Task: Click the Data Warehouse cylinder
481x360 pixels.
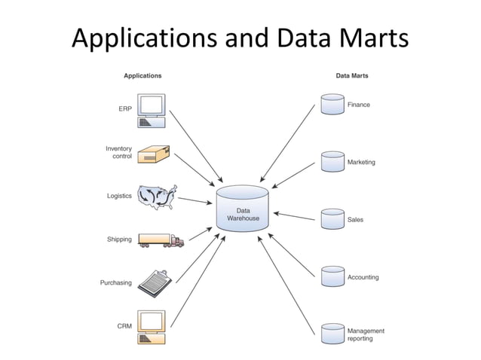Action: [243, 209]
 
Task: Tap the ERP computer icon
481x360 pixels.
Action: [151, 110]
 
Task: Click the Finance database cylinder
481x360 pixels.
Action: [332, 104]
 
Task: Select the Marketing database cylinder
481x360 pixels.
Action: [332, 161]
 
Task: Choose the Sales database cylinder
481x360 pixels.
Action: [332, 218]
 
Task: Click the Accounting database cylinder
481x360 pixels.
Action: [332, 276]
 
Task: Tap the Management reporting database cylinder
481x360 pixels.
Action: [332, 334]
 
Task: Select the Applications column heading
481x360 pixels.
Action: [142, 75]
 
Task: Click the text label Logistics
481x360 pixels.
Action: [119, 196]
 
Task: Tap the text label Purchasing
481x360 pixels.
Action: [116, 283]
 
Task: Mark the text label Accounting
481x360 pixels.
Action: [363, 277]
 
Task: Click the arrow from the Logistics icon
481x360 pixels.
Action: [194, 201]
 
